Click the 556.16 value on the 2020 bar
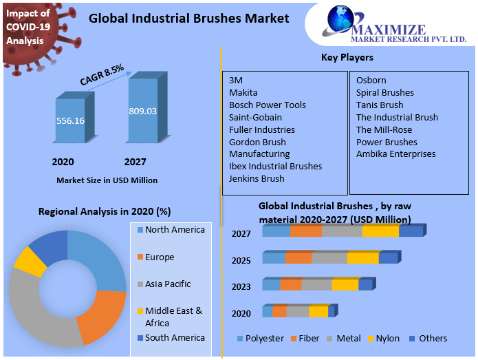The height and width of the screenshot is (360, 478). pos(70,120)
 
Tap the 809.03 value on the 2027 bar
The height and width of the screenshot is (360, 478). pos(142,111)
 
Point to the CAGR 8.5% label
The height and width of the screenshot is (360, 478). pos(102,75)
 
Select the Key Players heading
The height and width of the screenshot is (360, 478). pos(347,57)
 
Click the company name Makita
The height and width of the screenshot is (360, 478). pos(243,92)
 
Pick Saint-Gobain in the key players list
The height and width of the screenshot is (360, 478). pos(255,117)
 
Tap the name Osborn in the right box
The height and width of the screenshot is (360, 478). pos(371,80)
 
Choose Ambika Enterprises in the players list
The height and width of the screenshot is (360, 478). pos(395,153)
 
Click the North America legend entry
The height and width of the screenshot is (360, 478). pos(175,230)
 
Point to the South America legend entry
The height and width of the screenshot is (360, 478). pos(175,337)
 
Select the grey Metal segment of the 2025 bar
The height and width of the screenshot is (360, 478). pos(329,258)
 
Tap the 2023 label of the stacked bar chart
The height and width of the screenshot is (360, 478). pos(241,287)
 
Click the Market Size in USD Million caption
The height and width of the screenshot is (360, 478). pos(107,180)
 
